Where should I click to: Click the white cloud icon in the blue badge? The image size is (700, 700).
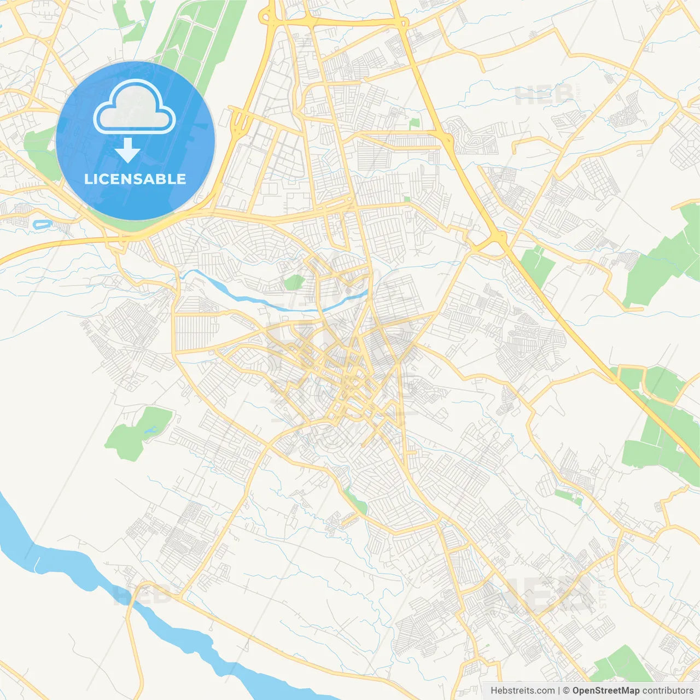[135, 106]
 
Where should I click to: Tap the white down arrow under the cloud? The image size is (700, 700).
[128, 151]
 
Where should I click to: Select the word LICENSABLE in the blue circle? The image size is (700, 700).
[135, 179]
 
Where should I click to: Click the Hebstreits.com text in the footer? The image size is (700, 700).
[522, 691]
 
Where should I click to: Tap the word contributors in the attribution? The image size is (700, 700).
[668, 691]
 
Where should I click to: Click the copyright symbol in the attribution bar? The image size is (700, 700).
[567, 691]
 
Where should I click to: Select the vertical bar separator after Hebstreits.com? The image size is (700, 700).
[559, 691]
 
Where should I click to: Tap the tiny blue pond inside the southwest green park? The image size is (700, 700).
[149, 431]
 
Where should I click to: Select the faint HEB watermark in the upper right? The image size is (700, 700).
[544, 96]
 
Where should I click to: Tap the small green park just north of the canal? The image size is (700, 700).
[294, 283]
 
